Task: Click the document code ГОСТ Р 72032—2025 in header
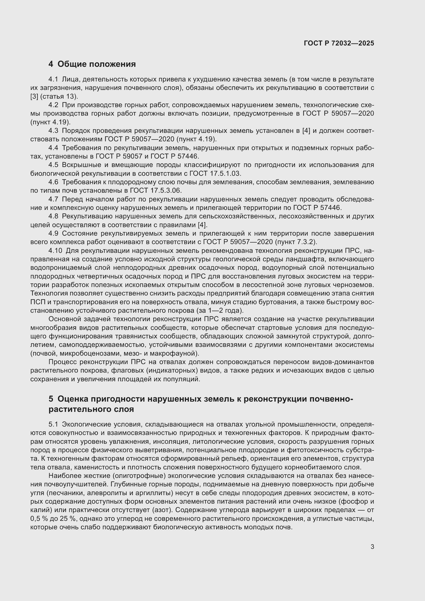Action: tap(339, 43)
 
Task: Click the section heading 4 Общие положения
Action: tap(92, 64)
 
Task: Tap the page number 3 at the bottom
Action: tap(372, 547)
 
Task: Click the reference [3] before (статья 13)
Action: tap(34, 97)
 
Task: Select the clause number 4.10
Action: tap(55, 251)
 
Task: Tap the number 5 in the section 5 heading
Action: tap(51, 399)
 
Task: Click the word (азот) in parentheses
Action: tap(162, 510)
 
